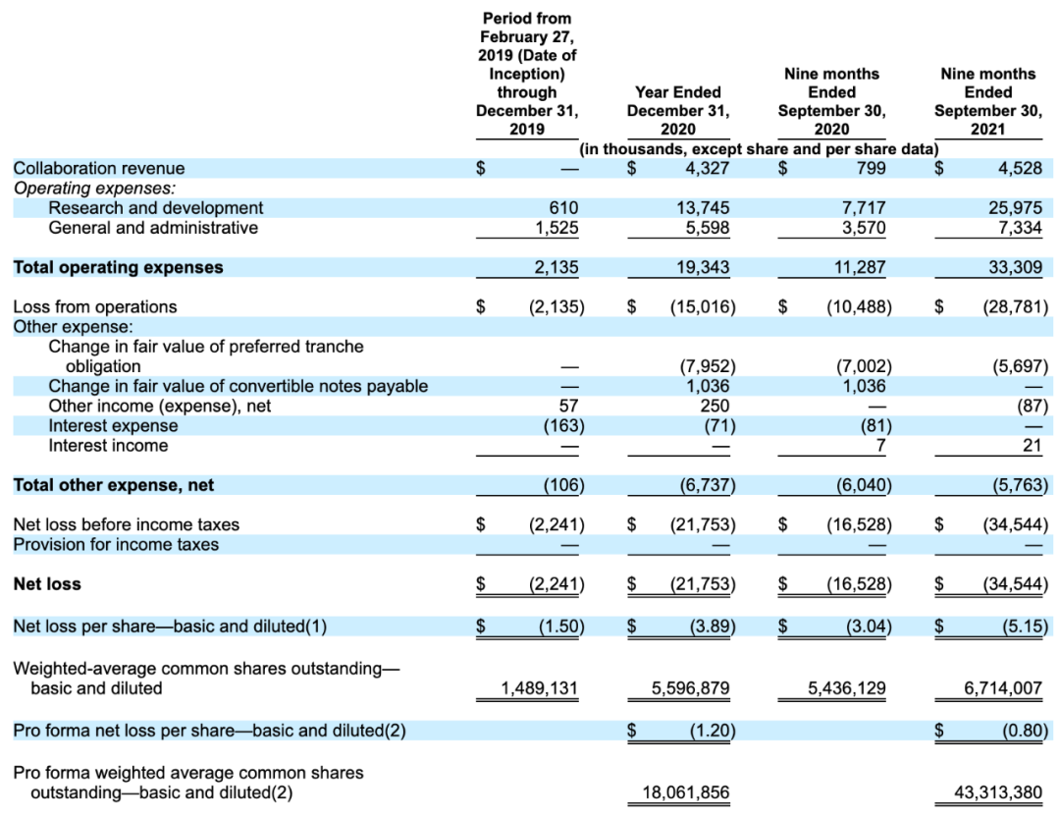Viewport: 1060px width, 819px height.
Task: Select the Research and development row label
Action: click(x=156, y=207)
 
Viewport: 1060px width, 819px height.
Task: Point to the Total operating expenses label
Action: click(x=118, y=267)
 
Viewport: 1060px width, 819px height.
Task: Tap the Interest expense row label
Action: click(x=114, y=425)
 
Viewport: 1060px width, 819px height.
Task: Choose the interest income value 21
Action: click(x=1032, y=446)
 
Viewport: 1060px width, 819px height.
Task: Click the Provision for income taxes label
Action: click(x=116, y=544)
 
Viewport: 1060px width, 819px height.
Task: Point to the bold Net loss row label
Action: click(x=47, y=584)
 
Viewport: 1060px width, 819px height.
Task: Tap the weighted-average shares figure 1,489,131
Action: click(x=539, y=688)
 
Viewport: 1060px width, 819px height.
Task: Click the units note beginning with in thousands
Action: click(x=759, y=148)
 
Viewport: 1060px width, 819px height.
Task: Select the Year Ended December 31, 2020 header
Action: click(x=678, y=110)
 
